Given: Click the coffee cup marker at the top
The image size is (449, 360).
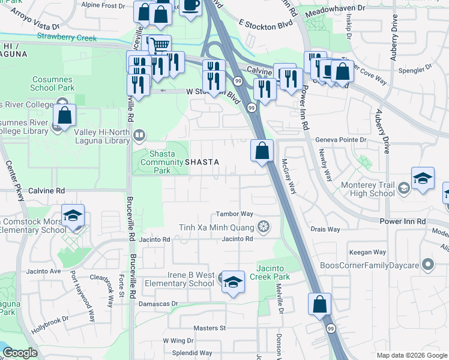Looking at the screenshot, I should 191,5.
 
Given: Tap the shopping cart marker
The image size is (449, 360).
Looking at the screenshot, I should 159,45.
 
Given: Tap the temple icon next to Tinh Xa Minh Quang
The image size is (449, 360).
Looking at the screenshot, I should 262,227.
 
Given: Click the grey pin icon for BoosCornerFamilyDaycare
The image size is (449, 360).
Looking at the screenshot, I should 427,263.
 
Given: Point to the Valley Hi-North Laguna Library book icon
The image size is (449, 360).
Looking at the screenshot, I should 139,135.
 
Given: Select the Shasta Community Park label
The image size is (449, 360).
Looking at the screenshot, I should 158,161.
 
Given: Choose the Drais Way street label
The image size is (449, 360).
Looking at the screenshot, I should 325,229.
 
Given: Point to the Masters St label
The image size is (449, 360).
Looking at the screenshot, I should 209,328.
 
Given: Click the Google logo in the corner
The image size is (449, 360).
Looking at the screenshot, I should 20,353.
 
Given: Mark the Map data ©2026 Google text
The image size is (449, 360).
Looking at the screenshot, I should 411,355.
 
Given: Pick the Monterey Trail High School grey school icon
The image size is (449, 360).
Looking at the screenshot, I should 404,189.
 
